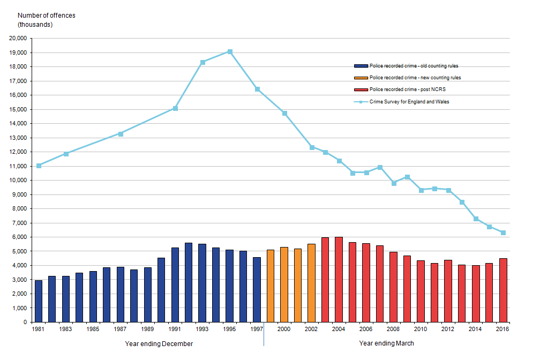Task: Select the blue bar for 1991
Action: [175, 284]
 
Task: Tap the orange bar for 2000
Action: [284, 284]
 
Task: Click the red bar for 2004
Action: [339, 279]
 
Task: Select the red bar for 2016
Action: [503, 290]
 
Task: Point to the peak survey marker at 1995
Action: [230, 52]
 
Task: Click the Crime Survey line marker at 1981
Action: [39, 166]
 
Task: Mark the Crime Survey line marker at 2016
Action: [503, 232]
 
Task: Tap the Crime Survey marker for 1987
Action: [121, 134]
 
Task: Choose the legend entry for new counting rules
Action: [415, 78]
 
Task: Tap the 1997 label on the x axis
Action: [257, 330]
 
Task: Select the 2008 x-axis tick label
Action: [394, 330]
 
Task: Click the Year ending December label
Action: [159, 343]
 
